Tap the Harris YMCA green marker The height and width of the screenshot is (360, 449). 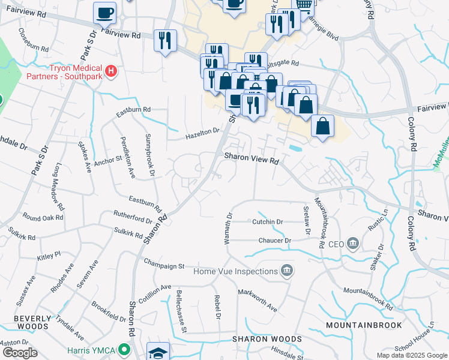click(124, 348)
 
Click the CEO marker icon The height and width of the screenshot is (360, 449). click(352, 244)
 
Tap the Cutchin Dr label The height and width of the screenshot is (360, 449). click(268, 221)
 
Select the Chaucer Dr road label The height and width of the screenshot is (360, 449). click(275, 241)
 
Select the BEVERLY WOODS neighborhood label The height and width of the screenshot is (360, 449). click(31, 322)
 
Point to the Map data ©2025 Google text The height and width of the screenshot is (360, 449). click(411, 355)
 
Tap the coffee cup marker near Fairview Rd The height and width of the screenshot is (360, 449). click(105, 13)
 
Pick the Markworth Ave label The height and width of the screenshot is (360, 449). click(257, 300)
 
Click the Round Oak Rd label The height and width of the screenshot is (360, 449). click(43, 217)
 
